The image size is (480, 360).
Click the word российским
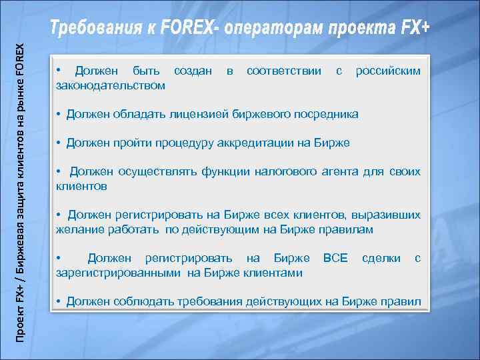389,71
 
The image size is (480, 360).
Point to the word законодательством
111,85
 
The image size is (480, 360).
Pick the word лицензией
196,115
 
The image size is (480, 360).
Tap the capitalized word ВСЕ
335,258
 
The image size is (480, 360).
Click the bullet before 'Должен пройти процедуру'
59,143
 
